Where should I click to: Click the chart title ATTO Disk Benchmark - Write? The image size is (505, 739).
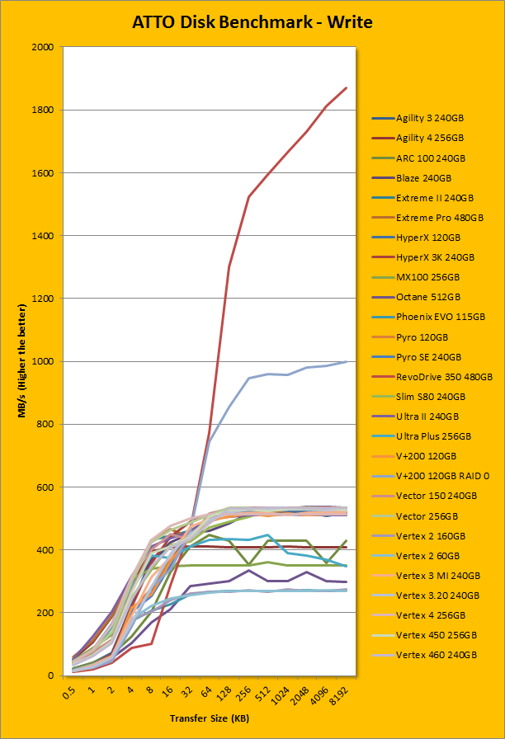[x=252, y=22]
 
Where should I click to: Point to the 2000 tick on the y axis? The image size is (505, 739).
[x=42, y=48]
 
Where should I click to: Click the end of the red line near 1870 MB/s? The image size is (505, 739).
[x=347, y=87]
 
